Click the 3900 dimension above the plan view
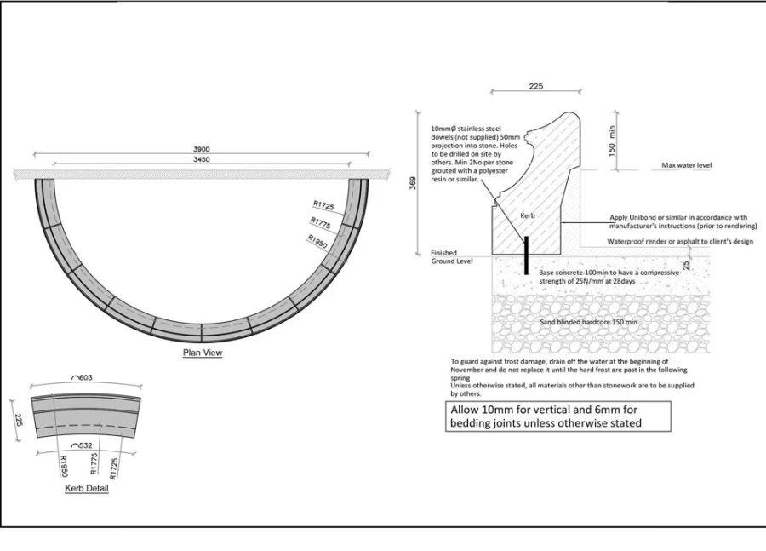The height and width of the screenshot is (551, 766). (x=201, y=149)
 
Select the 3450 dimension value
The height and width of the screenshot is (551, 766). (x=201, y=159)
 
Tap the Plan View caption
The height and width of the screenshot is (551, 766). (x=203, y=353)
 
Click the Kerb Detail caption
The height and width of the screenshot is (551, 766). (x=87, y=488)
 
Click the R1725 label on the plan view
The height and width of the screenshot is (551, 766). (x=323, y=205)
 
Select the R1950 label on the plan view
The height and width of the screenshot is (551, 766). (x=317, y=241)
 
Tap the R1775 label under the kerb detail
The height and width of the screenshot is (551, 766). (x=94, y=463)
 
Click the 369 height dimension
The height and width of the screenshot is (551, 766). (x=413, y=183)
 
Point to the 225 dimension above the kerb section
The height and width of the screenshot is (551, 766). (x=536, y=86)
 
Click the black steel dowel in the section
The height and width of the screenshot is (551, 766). (x=526, y=255)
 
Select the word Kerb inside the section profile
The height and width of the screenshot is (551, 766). (x=528, y=215)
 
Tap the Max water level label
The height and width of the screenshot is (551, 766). (x=686, y=165)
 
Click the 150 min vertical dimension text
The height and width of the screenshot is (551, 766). (x=612, y=141)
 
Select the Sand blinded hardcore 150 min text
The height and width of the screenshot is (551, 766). (x=589, y=322)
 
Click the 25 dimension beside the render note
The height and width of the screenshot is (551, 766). (x=686, y=265)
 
